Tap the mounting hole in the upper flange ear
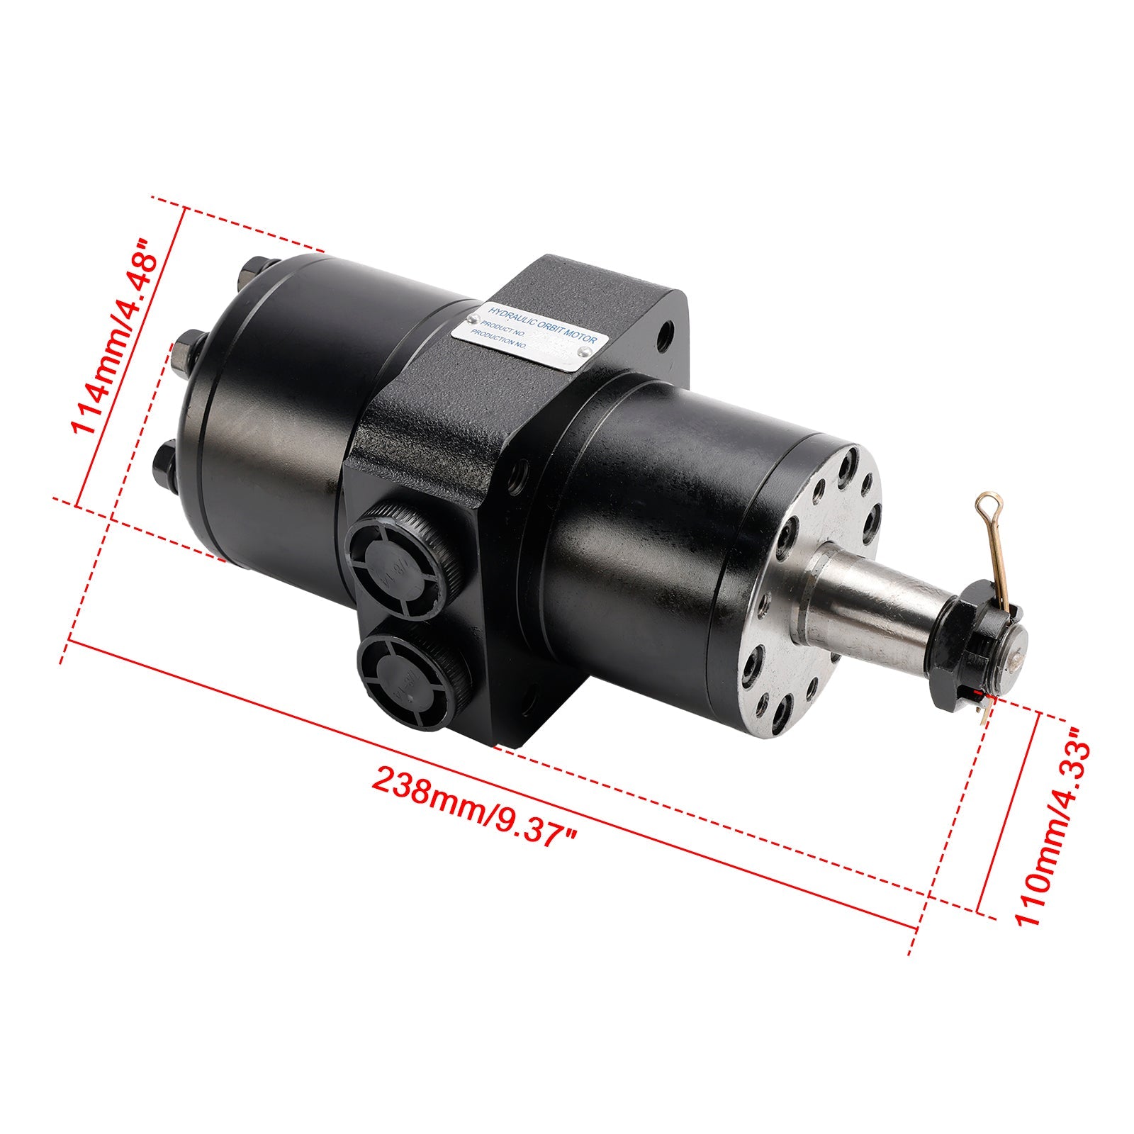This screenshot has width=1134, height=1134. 666,337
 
